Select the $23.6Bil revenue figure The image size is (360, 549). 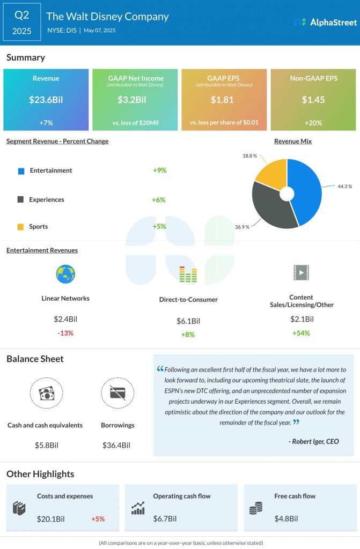click(x=46, y=99)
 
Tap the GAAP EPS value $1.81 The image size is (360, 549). click(x=224, y=99)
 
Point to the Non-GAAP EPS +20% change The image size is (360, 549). click(x=313, y=123)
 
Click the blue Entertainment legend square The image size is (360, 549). click(x=21, y=170)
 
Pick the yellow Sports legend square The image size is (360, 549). click(x=21, y=227)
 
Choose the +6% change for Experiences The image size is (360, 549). click(x=159, y=199)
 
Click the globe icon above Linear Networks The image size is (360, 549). click(x=65, y=274)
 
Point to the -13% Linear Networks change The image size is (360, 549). click(x=65, y=333)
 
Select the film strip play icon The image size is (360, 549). click(x=301, y=273)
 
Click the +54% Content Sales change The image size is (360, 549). click(x=301, y=333)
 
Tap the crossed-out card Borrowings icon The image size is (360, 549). click(x=117, y=394)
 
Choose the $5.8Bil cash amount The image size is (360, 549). click(x=45, y=445)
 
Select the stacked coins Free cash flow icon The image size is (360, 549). click(x=255, y=509)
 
